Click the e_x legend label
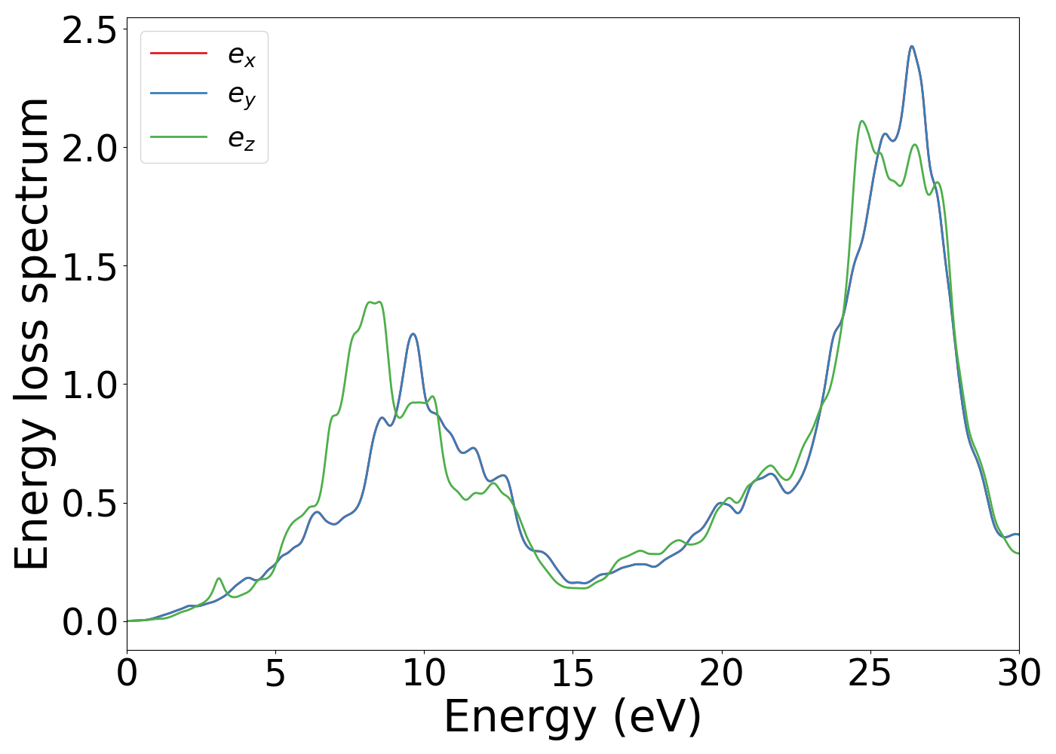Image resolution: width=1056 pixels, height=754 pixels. (241, 55)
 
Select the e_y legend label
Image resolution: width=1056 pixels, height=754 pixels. (241, 97)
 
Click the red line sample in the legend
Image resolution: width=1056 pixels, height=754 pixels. (179, 53)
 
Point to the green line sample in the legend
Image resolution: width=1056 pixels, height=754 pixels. (179, 136)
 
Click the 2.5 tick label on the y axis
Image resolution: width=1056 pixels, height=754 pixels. (90, 30)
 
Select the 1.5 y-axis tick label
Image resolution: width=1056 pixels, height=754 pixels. (90, 267)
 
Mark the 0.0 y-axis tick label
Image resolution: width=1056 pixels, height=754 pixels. (90, 622)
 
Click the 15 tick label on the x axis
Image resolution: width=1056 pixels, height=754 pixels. (573, 673)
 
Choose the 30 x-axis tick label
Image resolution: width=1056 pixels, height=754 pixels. (1019, 673)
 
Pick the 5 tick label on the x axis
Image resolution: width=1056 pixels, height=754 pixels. (275, 673)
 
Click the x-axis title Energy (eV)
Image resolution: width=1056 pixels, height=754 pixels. (573, 716)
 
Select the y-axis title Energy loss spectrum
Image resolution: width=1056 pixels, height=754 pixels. (32, 333)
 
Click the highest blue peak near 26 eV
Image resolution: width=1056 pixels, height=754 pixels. (911, 47)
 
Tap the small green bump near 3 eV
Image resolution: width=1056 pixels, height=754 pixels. (219, 578)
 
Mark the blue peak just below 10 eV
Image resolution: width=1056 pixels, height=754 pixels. (413, 334)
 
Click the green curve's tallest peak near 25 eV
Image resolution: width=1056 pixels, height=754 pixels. (861, 121)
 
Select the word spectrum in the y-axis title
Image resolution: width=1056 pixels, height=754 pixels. (32, 200)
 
